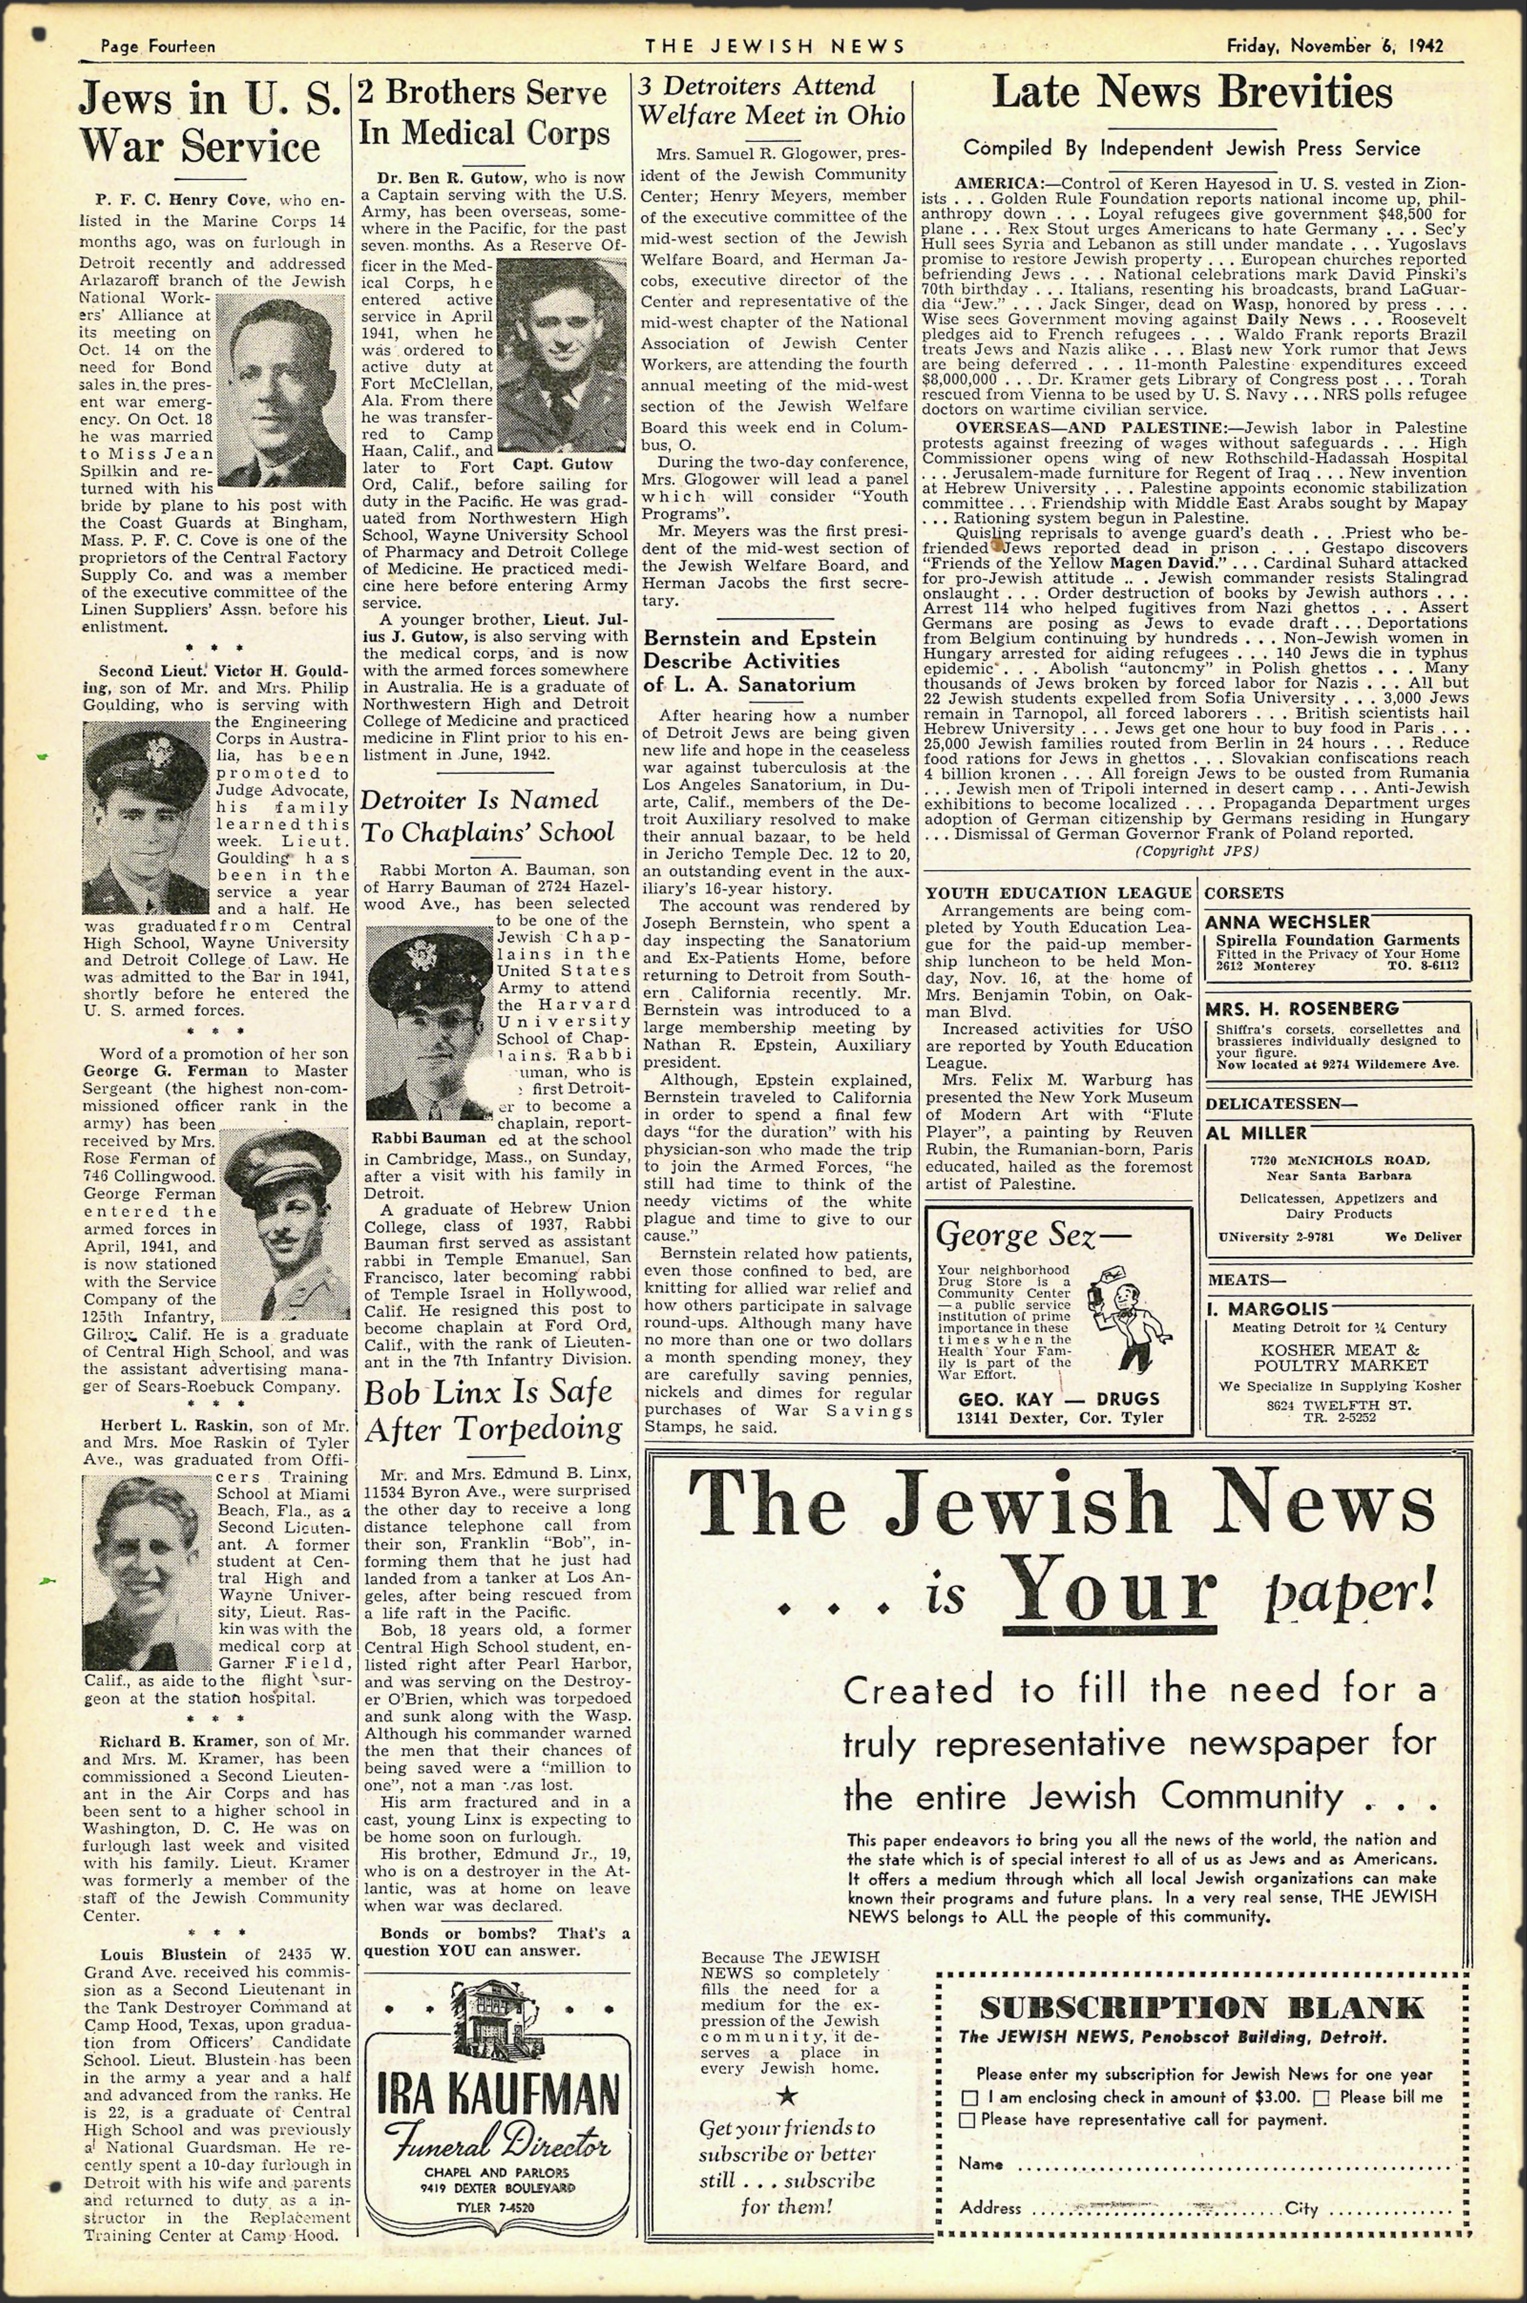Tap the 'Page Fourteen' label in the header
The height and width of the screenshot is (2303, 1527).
point(158,46)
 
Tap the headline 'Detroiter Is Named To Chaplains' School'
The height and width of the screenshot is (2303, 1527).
point(487,816)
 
